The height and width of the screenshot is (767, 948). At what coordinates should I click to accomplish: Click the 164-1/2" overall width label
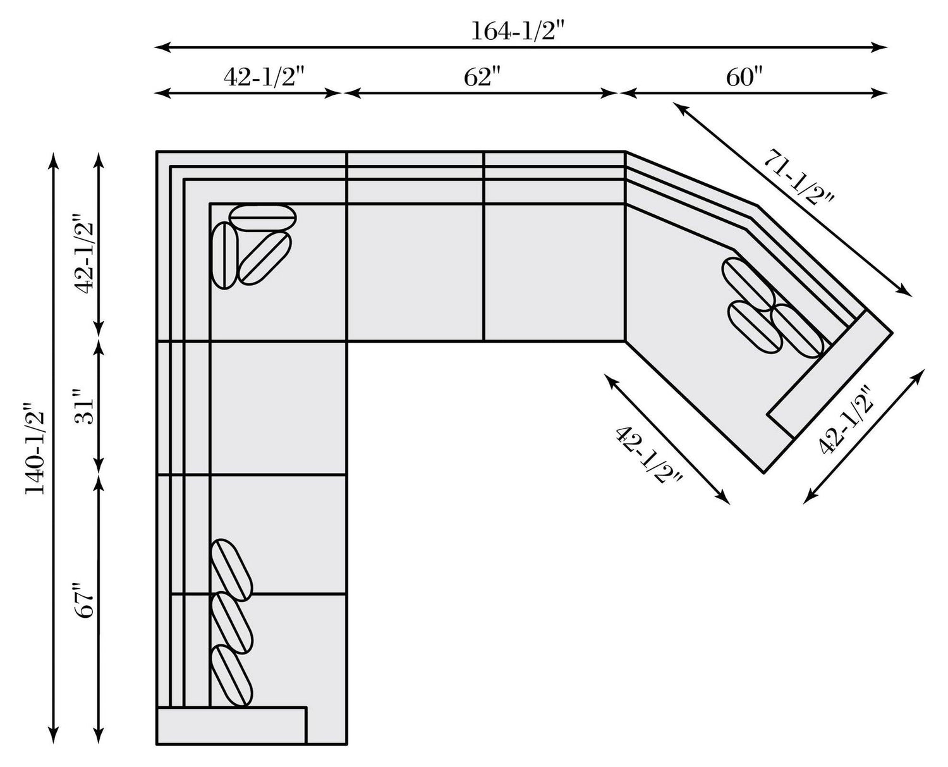tap(518, 31)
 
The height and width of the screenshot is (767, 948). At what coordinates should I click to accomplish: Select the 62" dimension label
tap(482, 77)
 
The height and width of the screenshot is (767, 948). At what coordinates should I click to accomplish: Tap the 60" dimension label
tap(744, 77)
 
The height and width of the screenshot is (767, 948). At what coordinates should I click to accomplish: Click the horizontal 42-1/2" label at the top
tap(264, 77)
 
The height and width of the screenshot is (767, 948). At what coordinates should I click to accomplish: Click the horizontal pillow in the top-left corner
tap(262, 218)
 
